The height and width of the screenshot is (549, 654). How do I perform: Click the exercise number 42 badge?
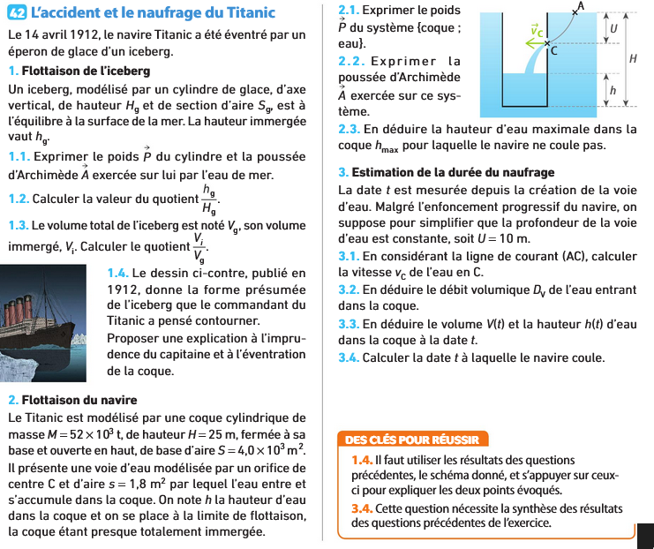16,13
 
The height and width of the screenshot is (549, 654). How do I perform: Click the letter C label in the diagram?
554,52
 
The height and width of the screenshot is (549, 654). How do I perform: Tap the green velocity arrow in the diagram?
536,37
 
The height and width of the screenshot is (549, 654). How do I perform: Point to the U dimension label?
613,28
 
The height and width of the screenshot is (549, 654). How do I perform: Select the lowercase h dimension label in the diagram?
613,91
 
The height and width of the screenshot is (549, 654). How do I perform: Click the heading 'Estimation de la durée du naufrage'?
452,172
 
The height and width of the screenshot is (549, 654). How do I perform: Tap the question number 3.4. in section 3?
350,357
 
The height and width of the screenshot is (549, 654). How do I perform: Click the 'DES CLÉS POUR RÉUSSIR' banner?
412,440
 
